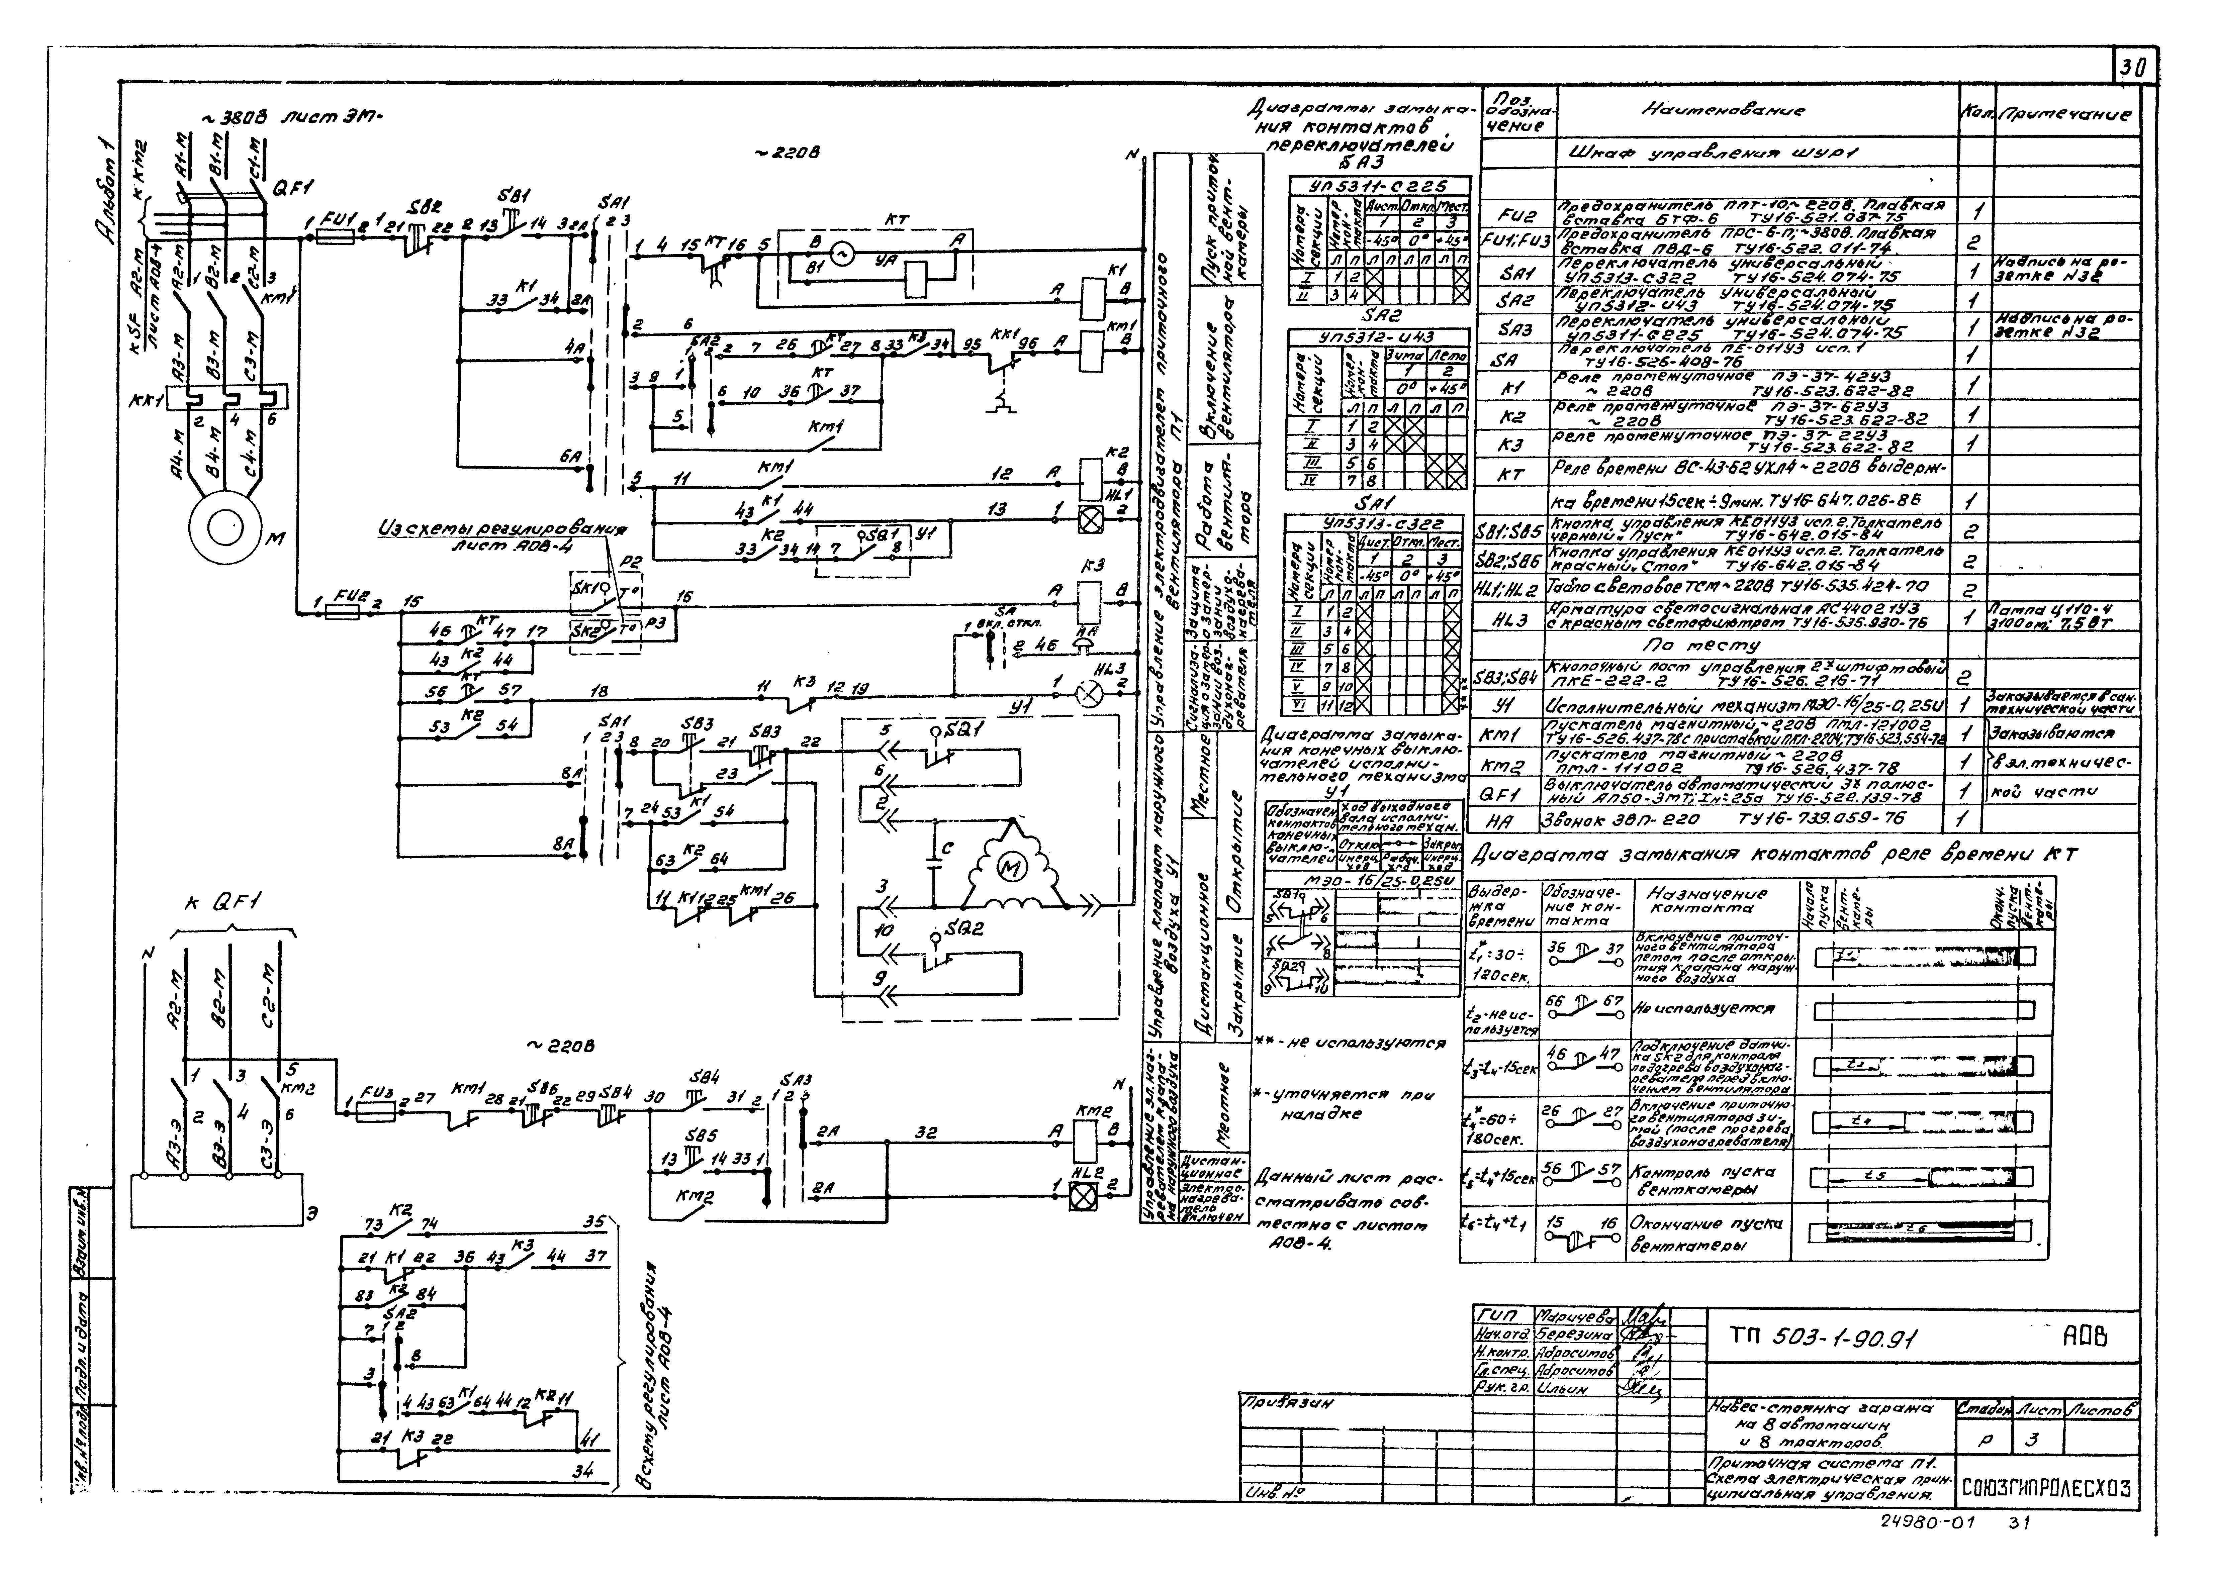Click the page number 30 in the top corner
click(x=2133, y=67)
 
